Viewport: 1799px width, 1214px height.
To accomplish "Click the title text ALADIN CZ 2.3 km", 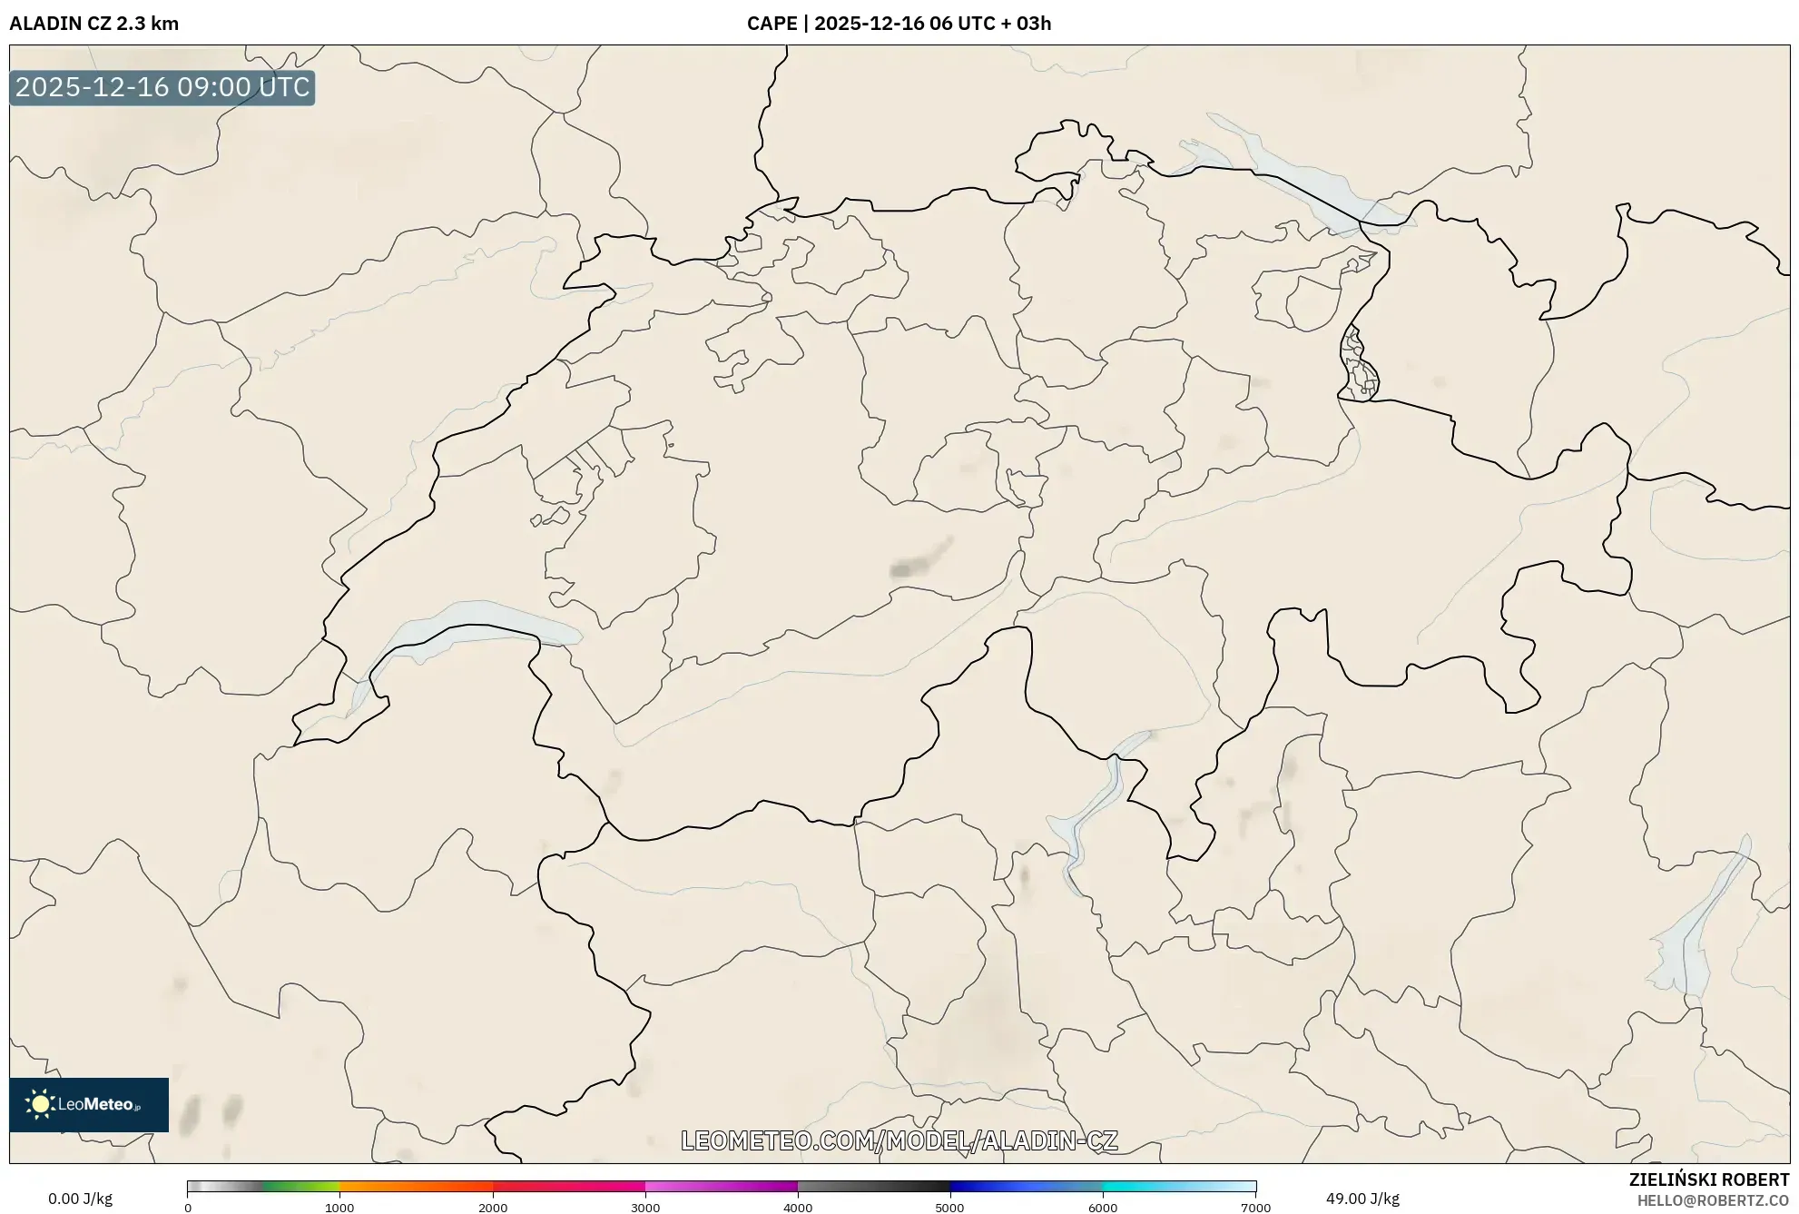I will [94, 24].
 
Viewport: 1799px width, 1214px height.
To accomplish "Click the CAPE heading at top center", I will [899, 24].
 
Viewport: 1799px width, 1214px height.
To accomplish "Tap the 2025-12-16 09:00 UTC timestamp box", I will [162, 88].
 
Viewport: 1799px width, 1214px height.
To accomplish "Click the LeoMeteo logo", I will [89, 1104].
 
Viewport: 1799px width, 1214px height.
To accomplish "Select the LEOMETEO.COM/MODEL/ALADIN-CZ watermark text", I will [899, 1140].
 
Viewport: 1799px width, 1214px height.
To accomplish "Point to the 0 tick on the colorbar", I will [188, 1208].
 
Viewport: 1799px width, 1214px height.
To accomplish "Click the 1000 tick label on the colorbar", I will [339, 1208].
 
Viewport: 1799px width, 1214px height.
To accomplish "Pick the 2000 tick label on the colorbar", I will [493, 1208].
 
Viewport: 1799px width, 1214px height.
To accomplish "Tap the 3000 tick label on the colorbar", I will [645, 1208].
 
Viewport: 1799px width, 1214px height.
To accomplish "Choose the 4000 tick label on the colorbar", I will [798, 1208].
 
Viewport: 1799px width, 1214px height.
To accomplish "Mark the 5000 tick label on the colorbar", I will [949, 1208].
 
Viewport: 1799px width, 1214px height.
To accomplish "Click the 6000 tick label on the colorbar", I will [1103, 1208].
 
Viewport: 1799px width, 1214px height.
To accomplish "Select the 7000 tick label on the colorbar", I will [1255, 1208].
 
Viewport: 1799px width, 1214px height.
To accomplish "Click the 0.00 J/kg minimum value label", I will [81, 1199].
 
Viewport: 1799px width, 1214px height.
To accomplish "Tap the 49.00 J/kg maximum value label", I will [1362, 1199].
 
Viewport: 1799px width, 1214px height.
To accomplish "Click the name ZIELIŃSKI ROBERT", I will [1709, 1179].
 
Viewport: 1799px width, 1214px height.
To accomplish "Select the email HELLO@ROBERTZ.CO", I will [1713, 1200].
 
